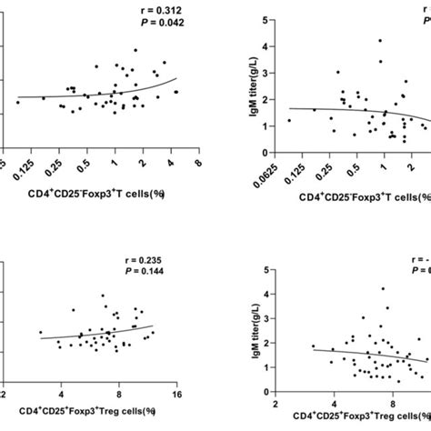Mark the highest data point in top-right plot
379,41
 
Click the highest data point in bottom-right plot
383,289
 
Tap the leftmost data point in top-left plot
17,103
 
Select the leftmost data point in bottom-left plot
40,333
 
